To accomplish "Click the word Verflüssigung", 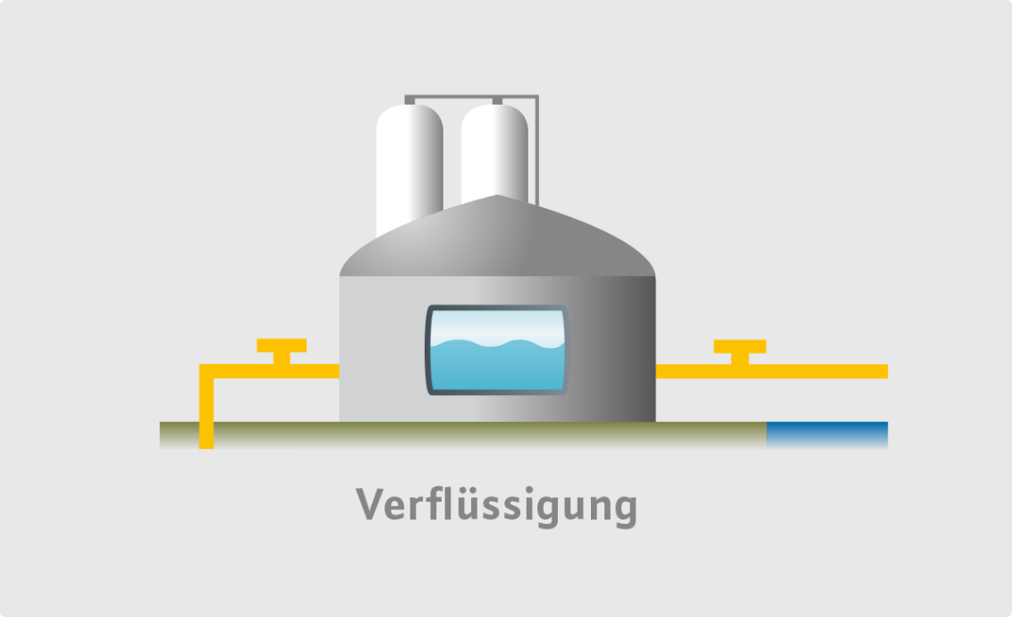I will coord(496,506).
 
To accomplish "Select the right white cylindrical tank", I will coord(493,152).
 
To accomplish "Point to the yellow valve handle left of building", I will coord(282,346).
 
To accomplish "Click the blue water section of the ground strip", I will coord(827,435).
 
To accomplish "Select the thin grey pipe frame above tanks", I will coord(471,97).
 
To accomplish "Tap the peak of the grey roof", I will coord(498,198).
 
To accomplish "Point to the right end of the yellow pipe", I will coord(882,371).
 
